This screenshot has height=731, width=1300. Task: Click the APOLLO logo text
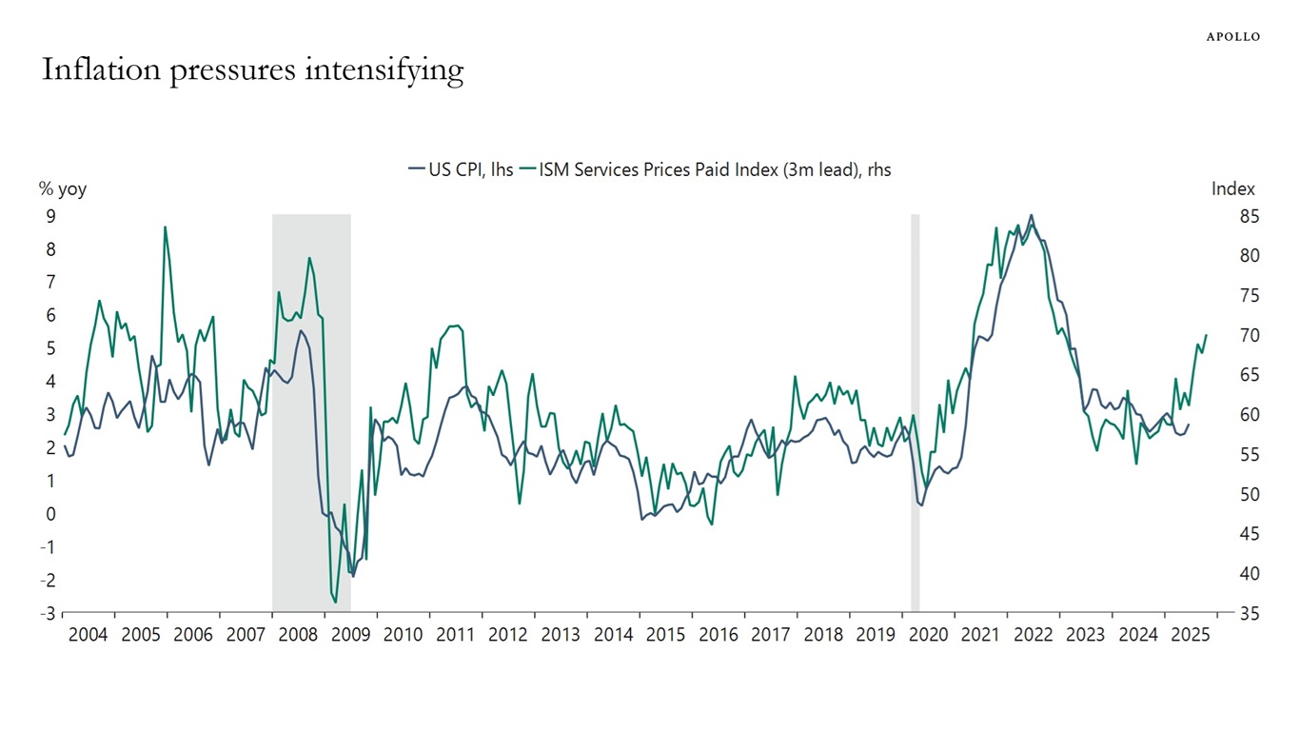pyautogui.click(x=1233, y=36)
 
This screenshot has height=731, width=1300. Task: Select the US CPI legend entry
pyautogui.click(x=461, y=169)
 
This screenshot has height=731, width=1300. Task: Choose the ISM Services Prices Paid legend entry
pyautogui.click(x=705, y=169)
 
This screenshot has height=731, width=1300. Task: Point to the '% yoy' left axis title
pyautogui.click(x=62, y=188)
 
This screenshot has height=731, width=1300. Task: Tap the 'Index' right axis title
pyautogui.click(x=1232, y=188)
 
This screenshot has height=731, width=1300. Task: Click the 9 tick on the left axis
pyautogui.click(x=50, y=216)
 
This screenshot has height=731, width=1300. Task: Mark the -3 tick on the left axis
pyautogui.click(x=48, y=613)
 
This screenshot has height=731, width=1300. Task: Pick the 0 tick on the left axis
pyautogui.click(x=50, y=514)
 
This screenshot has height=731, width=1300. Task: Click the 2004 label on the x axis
pyautogui.click(x=88, y=635)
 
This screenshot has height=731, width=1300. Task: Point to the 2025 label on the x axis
pyautogui.click(x=1191, y=635)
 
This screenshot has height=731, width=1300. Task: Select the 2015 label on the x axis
pyautogui.click(x=665, y=635)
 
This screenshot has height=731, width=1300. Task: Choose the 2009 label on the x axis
pyautogui.click(x=350, y=635)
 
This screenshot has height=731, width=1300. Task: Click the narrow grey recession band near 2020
pyautogui.click(x=916, y=409)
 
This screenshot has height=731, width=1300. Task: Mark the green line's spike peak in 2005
pyautogui.click(x=166, y=227)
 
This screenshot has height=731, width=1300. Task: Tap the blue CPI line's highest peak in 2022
pyautogui.click(x=1032, y=215)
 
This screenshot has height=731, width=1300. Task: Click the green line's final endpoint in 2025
pyautogui.click(x=1206, y=335)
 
